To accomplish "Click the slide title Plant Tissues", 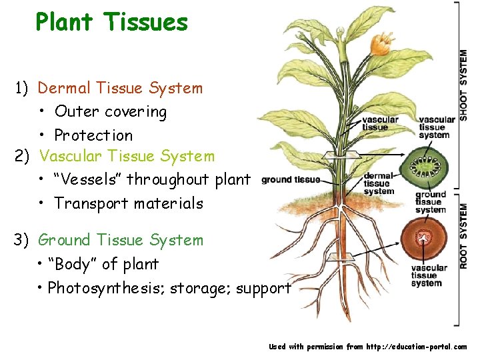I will coord(112,23).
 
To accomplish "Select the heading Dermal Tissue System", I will coord(120,88).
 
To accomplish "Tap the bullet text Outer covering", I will coord(111,111).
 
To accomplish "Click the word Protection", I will coord(93,135).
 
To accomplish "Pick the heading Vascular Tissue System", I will coord(127,157).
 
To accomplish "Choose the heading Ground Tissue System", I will coord(121,240).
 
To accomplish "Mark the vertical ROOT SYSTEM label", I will coord(463,237).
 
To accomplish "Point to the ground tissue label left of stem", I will coord(291,179).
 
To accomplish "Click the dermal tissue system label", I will coord(379,183).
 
